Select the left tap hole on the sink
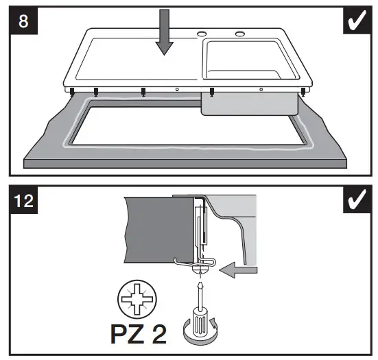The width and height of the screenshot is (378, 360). [x=203, y=34]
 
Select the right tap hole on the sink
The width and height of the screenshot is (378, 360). [x=240, y=34]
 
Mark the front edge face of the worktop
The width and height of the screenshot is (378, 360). [x=185, y=163]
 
